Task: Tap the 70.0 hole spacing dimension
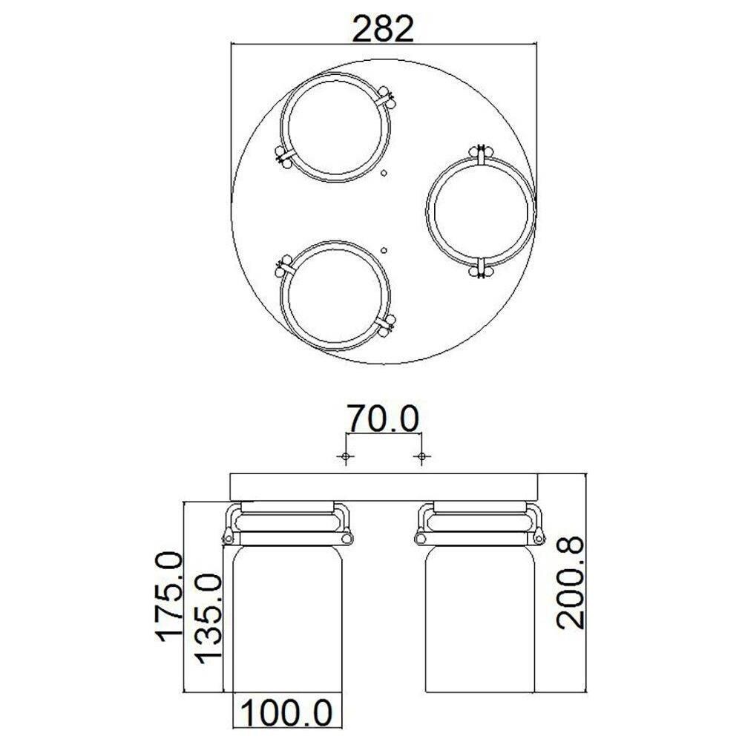click(x=383, y=418)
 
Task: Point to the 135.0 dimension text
click(x=209, y=619)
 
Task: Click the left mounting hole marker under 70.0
click(x=346, y=456)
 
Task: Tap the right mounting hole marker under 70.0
click(x=421, y=456)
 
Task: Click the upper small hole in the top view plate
click(x=384, y=173)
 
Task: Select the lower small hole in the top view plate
click(x=384, y=250)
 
